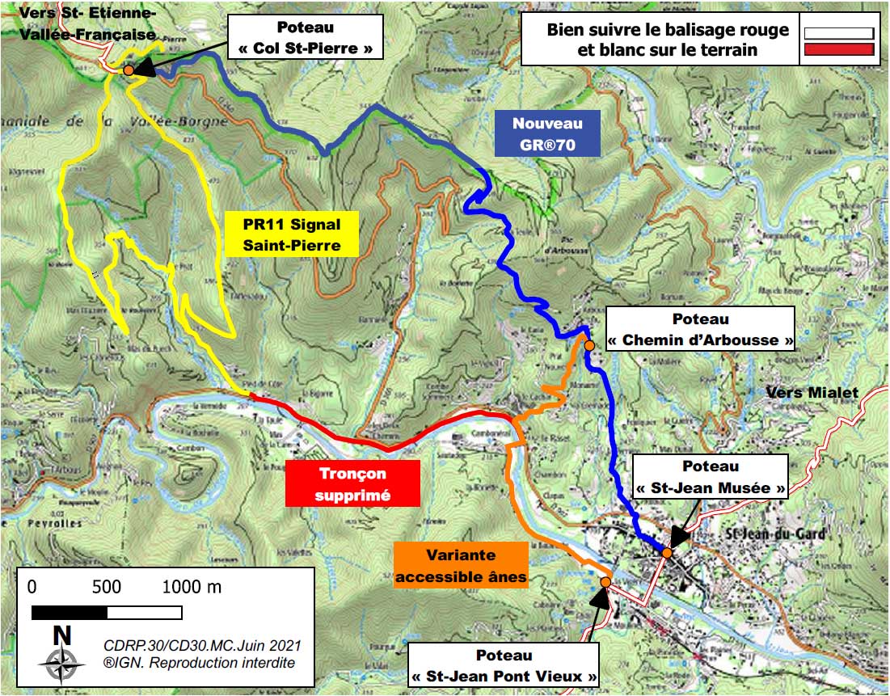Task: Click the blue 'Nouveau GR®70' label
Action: [x=548, y=133]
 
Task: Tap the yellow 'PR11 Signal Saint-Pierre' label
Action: [x=292, y=234]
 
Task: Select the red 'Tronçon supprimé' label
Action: [x=353, y=483]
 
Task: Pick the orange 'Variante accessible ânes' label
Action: [x=460, y=565]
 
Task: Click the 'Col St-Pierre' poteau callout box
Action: [x=306, y=38]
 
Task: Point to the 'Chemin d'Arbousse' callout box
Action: [x=699, y=329]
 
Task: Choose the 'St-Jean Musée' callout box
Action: [x=710, y=477]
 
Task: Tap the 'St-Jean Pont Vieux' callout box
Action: [x=503, y=665]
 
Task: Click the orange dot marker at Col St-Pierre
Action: [x=129, y=70]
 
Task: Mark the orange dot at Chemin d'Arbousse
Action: [x=589, y=345]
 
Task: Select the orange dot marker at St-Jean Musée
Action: [x=668, y=552]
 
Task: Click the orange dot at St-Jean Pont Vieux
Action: [x=605, y=582]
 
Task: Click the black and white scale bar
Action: [x=107, y=613]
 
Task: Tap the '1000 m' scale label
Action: [x=192, y=587]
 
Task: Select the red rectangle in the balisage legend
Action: [x=839, y=50]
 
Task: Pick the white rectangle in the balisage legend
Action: [x=839, y=33]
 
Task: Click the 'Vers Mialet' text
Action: [x=812, y=393]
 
